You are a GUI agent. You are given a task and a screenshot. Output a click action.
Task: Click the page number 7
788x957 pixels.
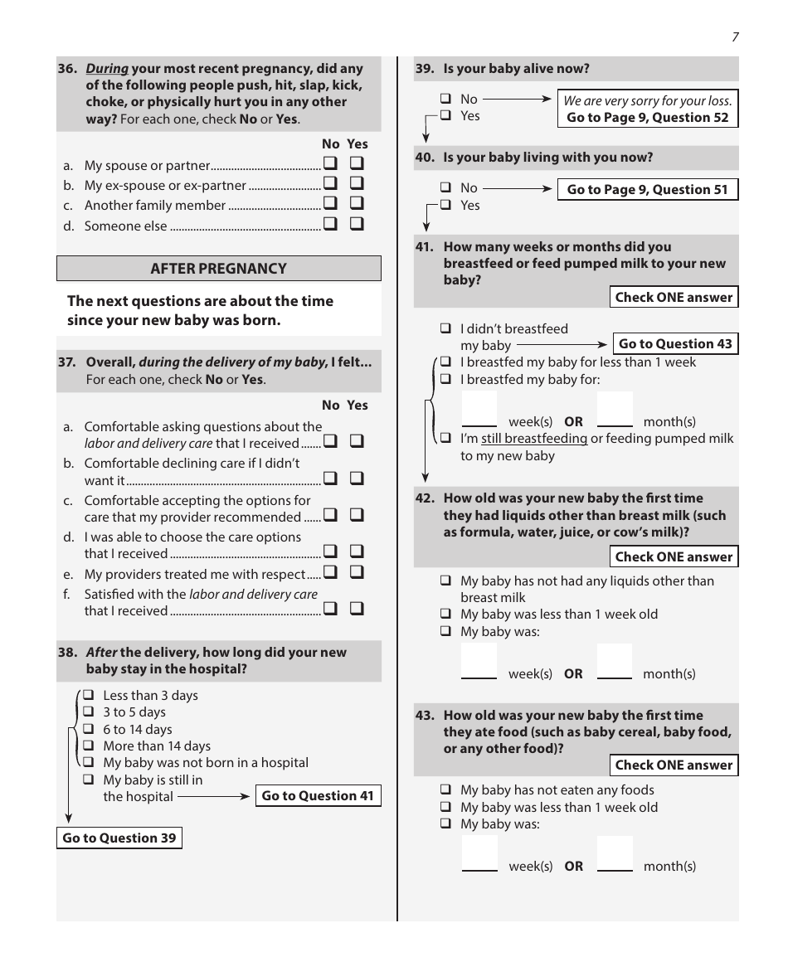(735, 37)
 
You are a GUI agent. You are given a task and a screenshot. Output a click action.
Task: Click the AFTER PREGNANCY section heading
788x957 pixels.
(218, 269)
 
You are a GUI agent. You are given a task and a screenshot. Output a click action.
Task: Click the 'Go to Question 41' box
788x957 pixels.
(318, 796)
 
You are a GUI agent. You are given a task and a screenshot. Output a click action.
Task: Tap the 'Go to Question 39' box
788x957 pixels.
(119, 838)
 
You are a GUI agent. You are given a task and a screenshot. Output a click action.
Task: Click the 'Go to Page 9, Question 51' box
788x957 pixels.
(647, 190)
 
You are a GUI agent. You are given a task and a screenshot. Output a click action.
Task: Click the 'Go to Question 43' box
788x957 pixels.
(675, 343)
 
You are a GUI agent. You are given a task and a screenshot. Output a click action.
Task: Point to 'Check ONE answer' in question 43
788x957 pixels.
(674, 765)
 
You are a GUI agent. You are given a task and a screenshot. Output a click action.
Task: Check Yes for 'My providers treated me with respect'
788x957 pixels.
(358, 572)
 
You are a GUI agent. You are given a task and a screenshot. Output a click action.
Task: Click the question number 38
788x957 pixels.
(67, 653)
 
